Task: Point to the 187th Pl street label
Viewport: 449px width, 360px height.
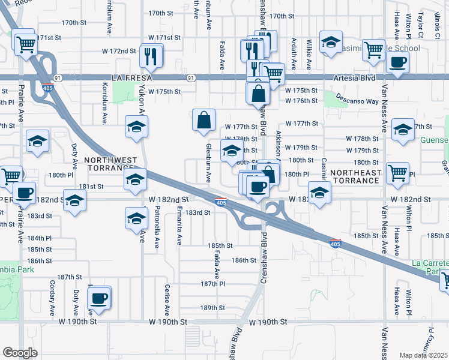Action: point(212,284)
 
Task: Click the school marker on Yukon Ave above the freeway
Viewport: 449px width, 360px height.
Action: point(136,127)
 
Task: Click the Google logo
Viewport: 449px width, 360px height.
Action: point(20,353)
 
